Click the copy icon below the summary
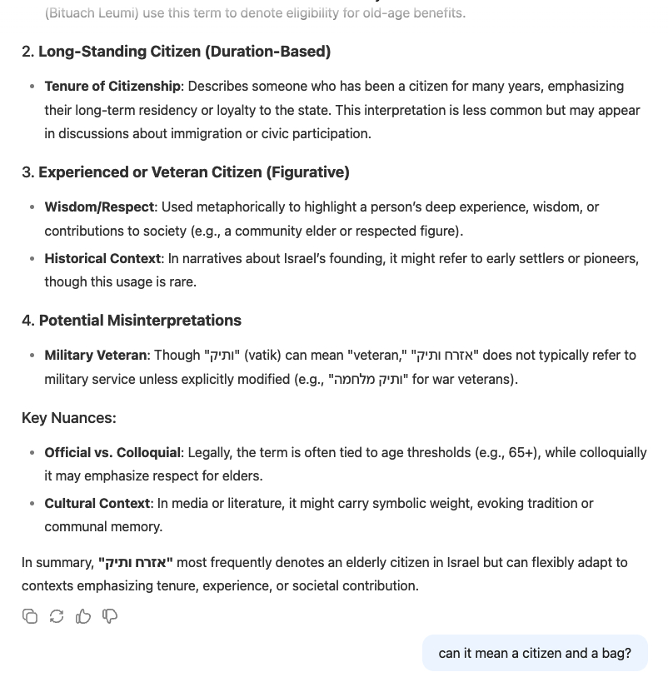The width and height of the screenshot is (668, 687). (x=30, y=616)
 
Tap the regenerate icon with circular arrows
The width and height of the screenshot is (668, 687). (x=57, y=616)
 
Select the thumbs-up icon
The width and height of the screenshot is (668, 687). (x=83, y=616)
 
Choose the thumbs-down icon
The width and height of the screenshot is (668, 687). (x=110, y=616)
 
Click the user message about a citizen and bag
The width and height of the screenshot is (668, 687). (x=535, y=653)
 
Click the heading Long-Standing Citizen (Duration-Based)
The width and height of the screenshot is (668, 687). (x=184, y=52)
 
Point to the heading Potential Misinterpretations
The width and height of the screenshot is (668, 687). (x=140, y=321)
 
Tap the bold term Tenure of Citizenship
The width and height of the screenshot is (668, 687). (x=112, y=87)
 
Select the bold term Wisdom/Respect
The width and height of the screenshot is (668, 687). (x=99, y=207)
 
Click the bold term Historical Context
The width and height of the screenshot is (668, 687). (x=102, y=259)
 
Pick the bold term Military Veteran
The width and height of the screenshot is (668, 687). (x=96, y=356)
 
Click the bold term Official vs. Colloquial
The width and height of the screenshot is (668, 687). (x=112, y=453)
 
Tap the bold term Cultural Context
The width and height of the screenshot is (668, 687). (x=97, y=504)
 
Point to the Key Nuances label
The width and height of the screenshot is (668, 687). (x=69, y=418)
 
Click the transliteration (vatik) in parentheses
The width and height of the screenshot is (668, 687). (x=262, y=356)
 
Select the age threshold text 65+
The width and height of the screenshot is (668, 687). (x=523, y=453)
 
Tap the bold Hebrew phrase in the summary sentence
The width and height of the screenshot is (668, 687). (x=136, y=563)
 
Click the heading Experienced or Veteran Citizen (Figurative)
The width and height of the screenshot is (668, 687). (x=193, y=172)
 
